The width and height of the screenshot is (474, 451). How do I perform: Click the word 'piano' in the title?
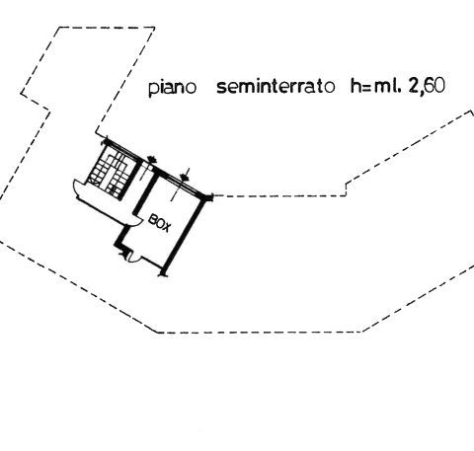(x=172, y=88)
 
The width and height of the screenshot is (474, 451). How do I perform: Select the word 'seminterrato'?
(x=276, y=87)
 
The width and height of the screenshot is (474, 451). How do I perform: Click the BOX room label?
(x=160, y=222)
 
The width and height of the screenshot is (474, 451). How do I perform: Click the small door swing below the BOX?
(x=134, y=259)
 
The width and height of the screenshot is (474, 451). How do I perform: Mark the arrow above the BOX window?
(x=185, y=175)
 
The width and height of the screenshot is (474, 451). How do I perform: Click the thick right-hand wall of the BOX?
(x=186, y=236)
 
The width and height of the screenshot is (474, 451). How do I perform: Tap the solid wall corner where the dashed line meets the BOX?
(x=208, y=197)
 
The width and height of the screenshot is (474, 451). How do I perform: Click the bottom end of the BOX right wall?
(x=163, y=272)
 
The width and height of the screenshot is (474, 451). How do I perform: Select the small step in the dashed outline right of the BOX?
(x=346, y=188)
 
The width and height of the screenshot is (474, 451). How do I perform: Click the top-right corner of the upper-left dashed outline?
(x=154, y=28)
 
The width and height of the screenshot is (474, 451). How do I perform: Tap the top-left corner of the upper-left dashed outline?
(x=59, y=28)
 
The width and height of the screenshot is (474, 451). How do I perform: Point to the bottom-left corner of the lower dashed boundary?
(x=157, y=333)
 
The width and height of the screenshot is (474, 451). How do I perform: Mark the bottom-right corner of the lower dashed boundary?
(x=362, y=332)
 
